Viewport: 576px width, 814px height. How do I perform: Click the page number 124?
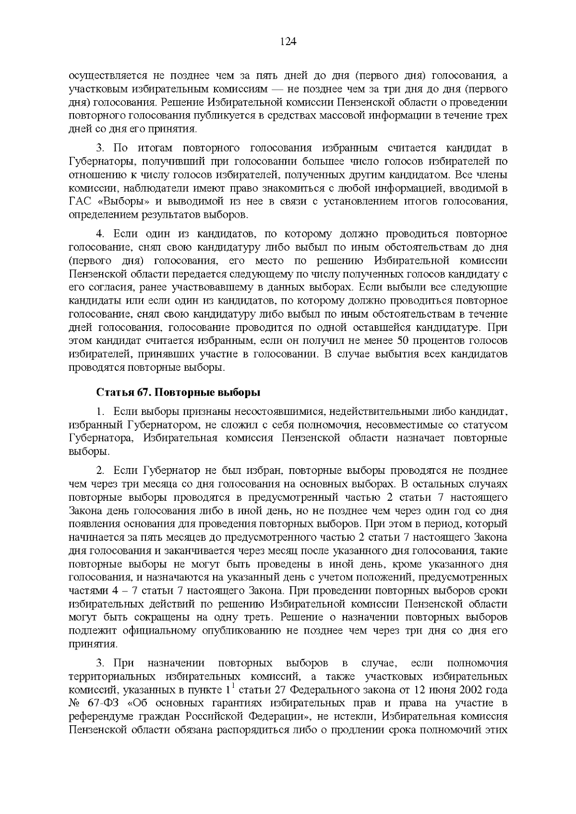(x=288, y=41)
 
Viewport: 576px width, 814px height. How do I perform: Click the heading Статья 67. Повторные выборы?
(x=178, y=393)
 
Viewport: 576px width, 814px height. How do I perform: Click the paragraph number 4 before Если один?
(x=100, y=234)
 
